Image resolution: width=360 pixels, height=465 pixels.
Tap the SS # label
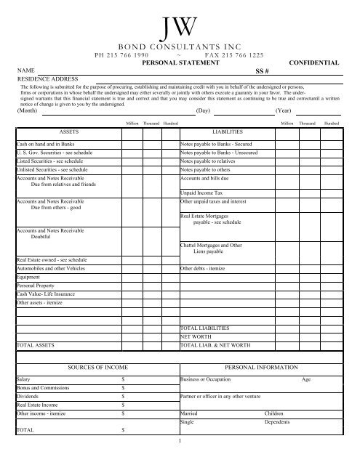coord(263,71)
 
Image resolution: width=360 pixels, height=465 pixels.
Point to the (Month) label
coord(28,112)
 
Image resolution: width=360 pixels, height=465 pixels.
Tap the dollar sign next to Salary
coord(122,380)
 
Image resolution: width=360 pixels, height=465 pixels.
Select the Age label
coord(305,380)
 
